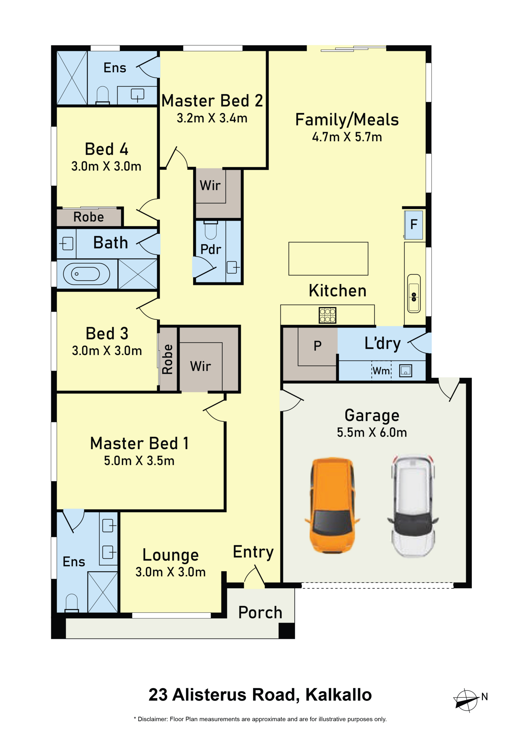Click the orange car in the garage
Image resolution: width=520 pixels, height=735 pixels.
(x=332, y=505)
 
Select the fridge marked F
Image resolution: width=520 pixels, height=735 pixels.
(x=413, y=225)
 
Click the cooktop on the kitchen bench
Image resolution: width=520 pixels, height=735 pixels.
(x=328, y=315)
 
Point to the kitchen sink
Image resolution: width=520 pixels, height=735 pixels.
(x=414, y=293)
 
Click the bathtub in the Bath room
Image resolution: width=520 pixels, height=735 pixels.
(x=86, y=274)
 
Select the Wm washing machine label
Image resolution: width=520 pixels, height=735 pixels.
(x=381, y=371)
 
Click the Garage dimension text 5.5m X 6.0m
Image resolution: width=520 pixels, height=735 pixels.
(x=372, y=432)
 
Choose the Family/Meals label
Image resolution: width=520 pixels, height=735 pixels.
(x=347, y=120)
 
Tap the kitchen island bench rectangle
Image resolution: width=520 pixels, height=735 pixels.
(x=328, y=259)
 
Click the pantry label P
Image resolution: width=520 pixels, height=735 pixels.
(x=317, y=346)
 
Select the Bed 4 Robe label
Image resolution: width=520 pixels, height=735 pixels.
(x=89, y=217)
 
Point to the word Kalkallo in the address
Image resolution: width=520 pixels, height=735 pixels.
(x=338, y=695)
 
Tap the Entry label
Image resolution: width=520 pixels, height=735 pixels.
(x=253, y=552)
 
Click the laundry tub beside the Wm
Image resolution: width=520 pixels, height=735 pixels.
(x=405, y=371)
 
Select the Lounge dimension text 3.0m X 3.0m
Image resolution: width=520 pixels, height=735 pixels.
(x=170, y=572)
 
